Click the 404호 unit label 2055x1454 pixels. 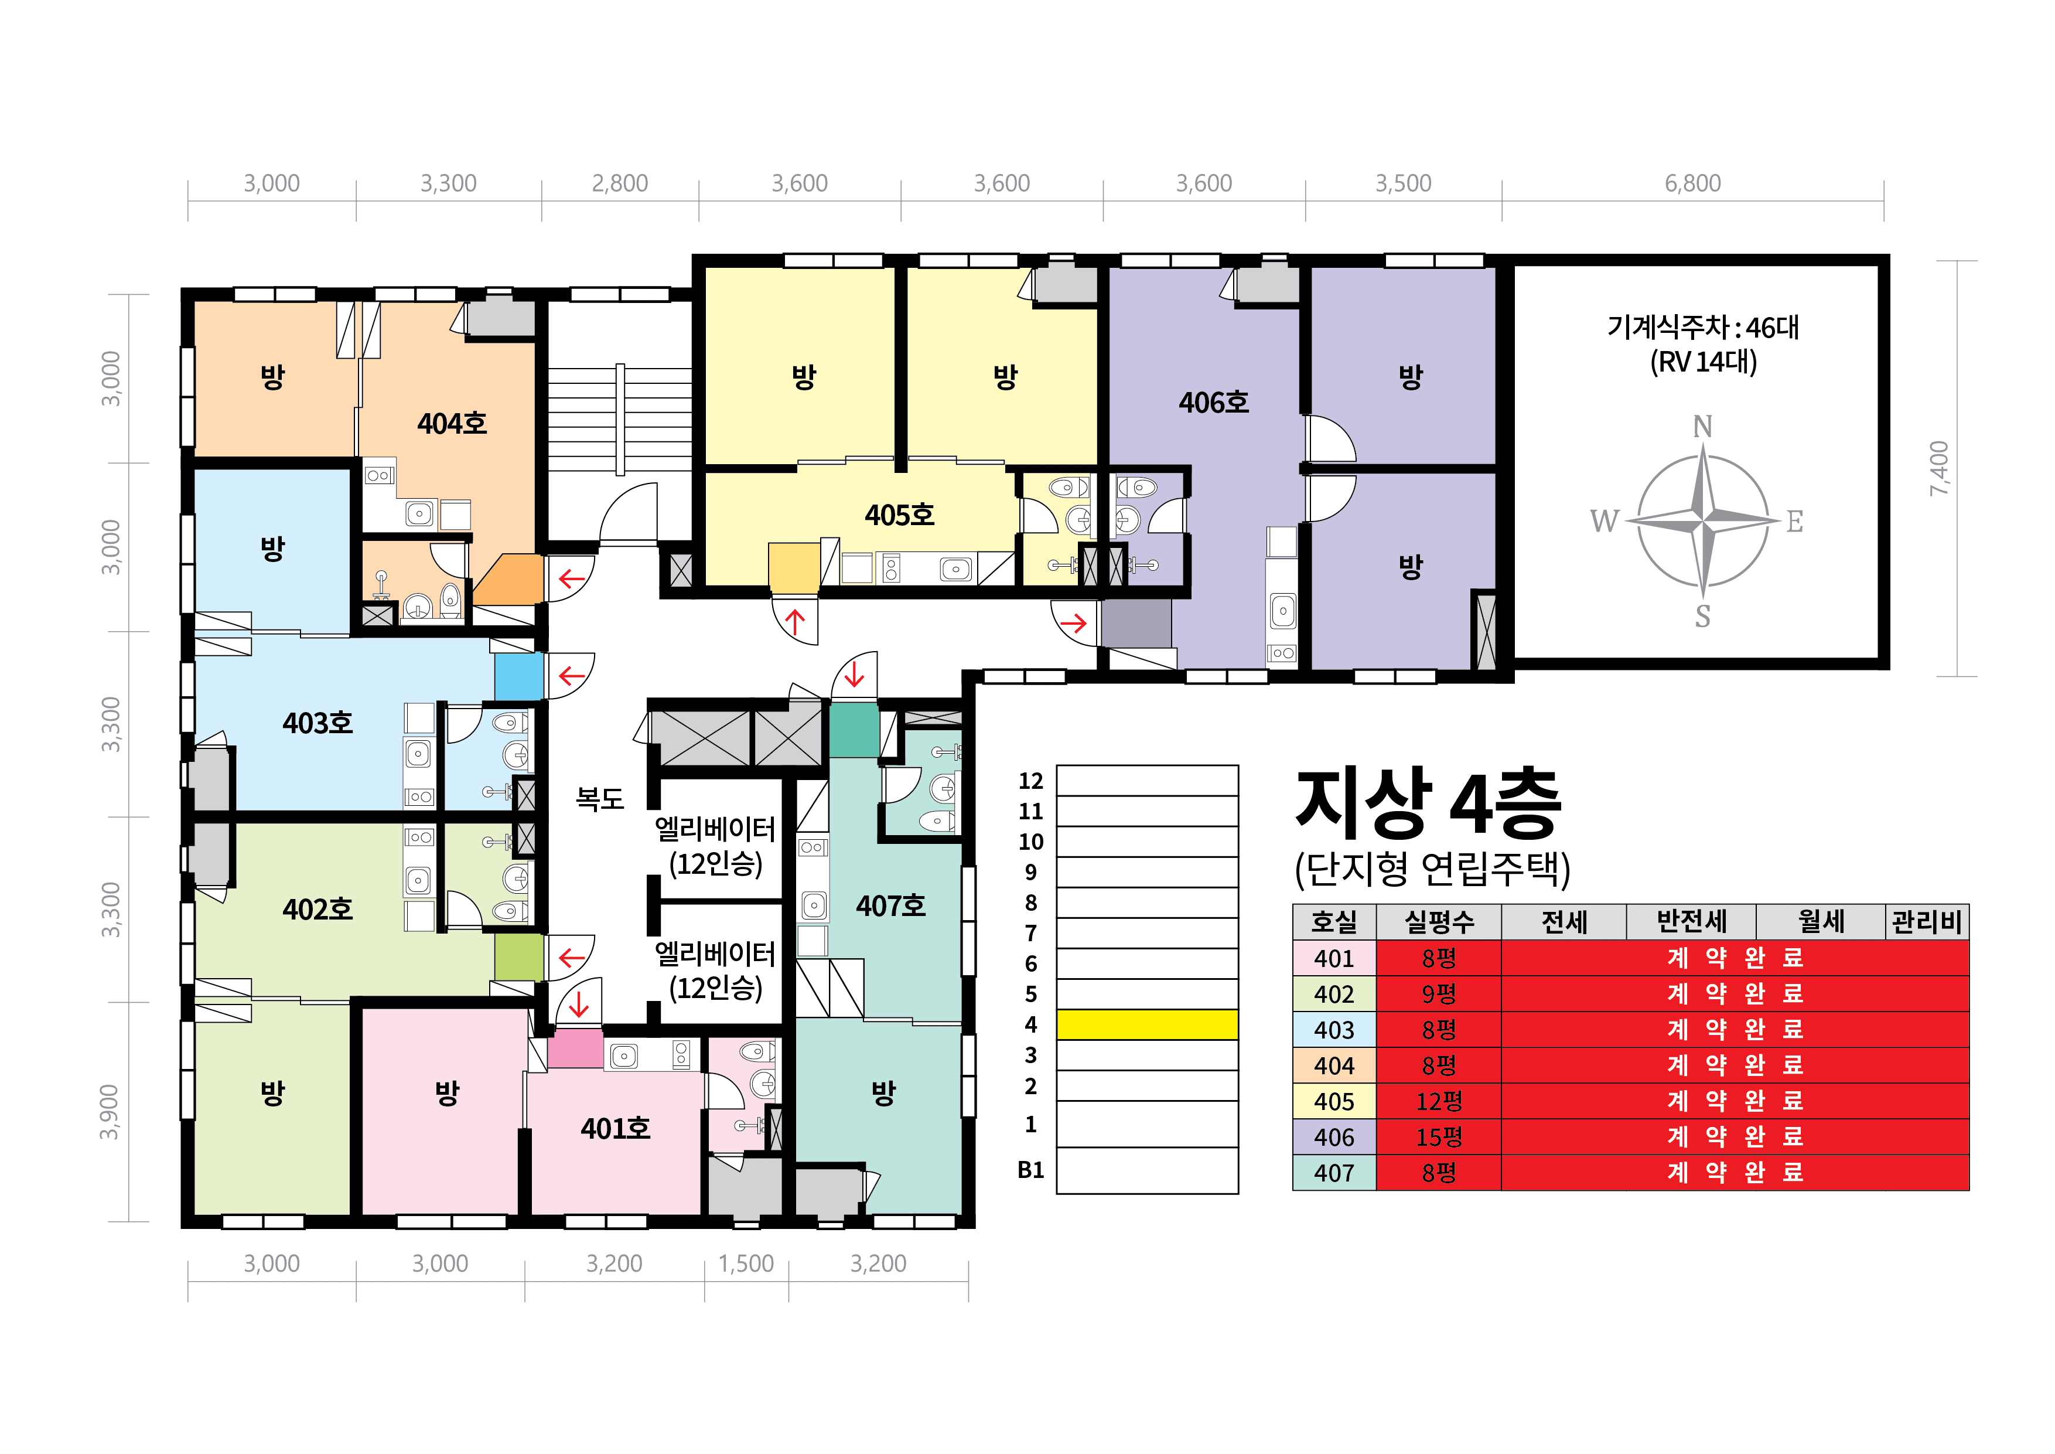[x=452, y=424]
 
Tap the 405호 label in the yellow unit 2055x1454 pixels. [x=900, y=516]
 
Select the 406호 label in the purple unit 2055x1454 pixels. [x=1214, y=403]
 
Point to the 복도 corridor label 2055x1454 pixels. [x=600, y=799]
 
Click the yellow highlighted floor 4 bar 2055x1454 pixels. [x=1148, y=1025]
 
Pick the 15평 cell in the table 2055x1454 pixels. [x=1439, y=1137]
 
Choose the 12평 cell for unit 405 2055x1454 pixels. [x=1439, y=1101]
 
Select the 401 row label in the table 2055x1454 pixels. [x=1334, y=958]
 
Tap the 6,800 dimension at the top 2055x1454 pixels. [x=1692, y=183]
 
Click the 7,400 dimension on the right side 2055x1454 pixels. [x=1938, y=468]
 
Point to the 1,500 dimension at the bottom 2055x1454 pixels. [x=746, y=1264]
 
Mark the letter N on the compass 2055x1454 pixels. [x=1702, y=427]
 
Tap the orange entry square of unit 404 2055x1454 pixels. [x=508, y=578]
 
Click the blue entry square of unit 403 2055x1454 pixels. [x=519, y=677]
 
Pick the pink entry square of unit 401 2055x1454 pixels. [x=575, y=1048]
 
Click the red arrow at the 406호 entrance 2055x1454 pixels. [x=1074, y=623]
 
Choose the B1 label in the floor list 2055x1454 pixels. [x=1031, y=1170]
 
